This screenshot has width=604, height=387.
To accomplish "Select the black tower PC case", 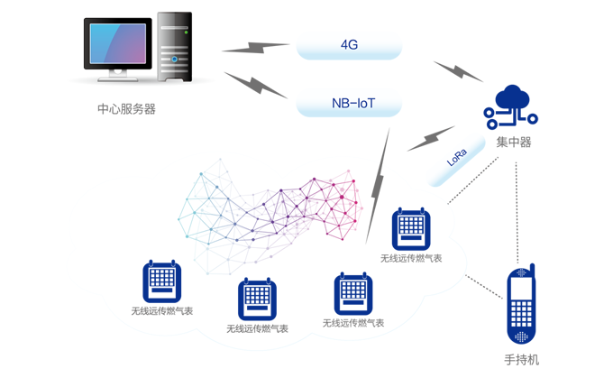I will click(175, 48).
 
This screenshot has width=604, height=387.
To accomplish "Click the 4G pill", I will click(350, 45).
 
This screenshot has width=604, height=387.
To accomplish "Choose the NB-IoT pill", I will click(350, 104).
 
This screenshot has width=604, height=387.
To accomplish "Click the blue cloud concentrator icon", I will click(511, 106).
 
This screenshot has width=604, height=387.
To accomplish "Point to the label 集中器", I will click(513, 142).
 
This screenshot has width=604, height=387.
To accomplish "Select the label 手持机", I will click(521, 360).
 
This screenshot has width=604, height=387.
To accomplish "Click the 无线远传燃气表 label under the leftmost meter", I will click(161, 311).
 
